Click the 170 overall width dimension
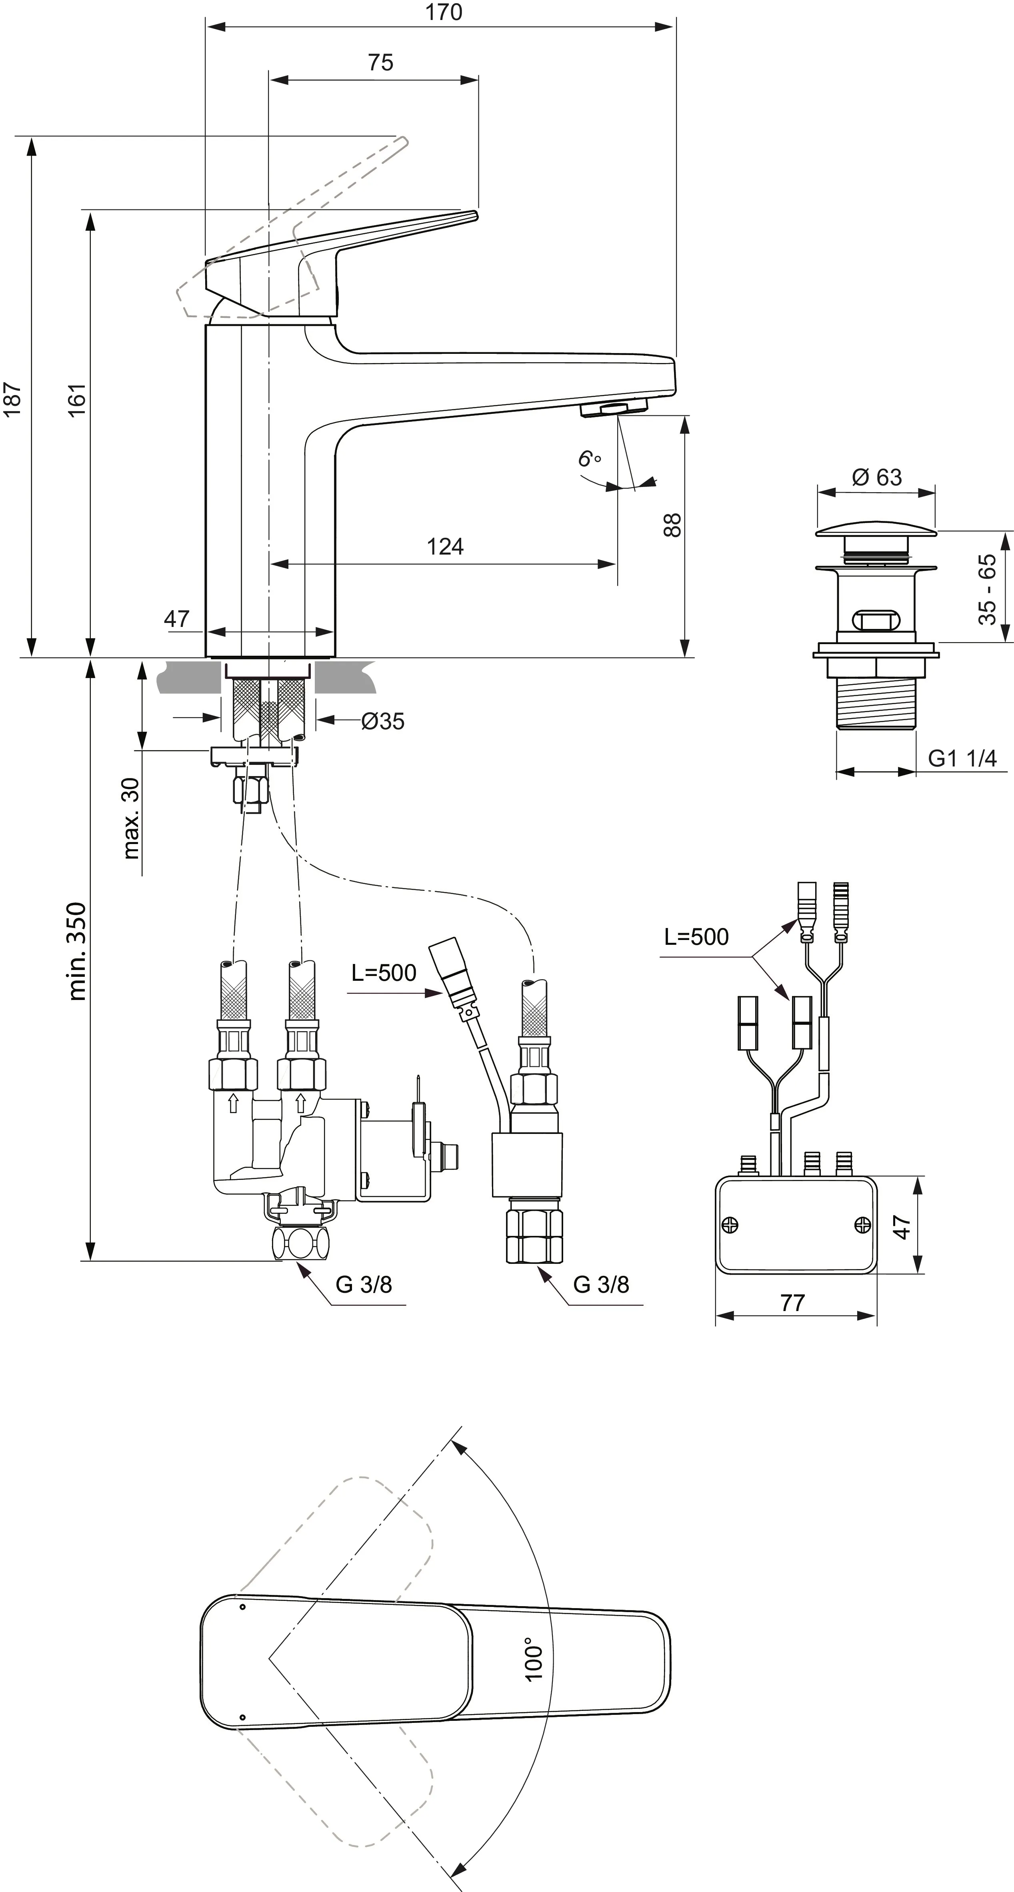coord(444,12)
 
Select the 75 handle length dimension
coord(381,62)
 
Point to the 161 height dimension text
coord(76,400)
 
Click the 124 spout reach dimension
coord(445,547)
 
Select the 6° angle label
coord(588,459)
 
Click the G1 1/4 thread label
coord(962,759)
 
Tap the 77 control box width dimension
coord(792,1303)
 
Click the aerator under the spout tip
coord(614,408)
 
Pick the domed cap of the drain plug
coord(876,527)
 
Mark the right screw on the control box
coord(863,1223)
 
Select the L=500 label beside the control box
coord(696,936)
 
